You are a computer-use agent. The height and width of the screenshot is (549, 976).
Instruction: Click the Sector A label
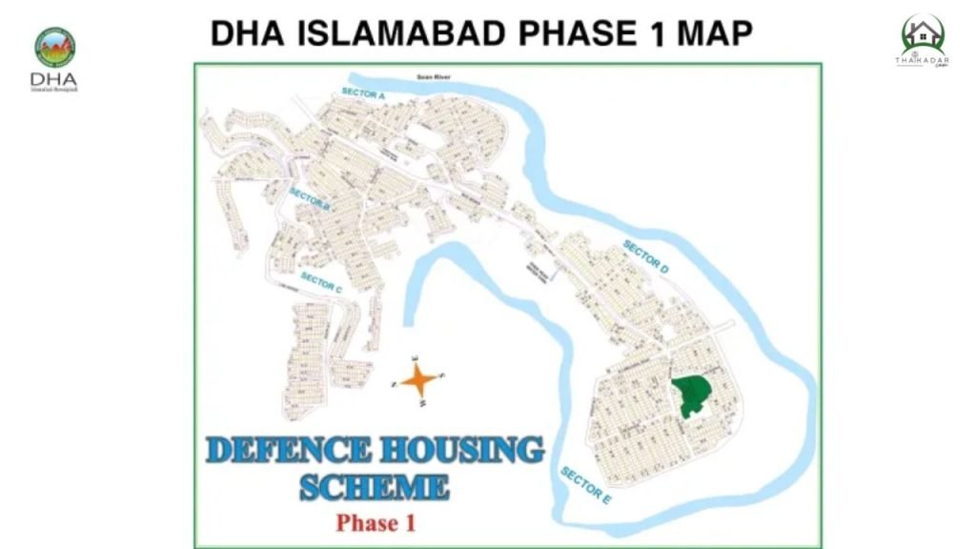(x=362, y=94)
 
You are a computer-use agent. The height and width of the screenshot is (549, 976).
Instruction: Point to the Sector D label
(x=645, y=257)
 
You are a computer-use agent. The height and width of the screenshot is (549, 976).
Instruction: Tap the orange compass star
(x=419, y=380)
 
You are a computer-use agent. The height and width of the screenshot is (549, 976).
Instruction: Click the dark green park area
(x=693, y=393)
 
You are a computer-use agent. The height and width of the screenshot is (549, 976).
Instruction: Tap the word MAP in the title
(x=715, y=33)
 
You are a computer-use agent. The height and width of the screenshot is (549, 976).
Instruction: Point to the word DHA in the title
(x=243, y=33)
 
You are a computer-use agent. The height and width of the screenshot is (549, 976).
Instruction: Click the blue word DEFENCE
(x=287, y=449)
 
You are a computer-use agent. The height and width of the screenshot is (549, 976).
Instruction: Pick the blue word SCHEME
(x=374, y=487)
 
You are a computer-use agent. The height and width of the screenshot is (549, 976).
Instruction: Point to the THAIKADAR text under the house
(x=922, y=59)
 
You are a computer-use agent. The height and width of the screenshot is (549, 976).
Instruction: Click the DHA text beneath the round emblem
(x=54, y=79)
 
